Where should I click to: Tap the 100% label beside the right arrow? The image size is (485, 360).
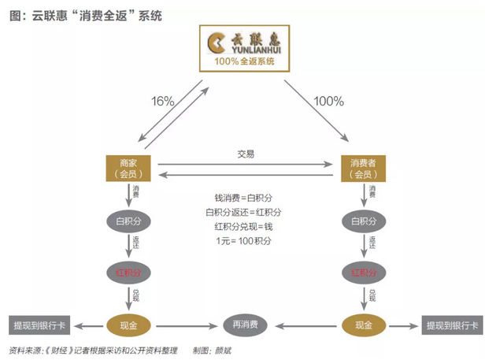[328, 101]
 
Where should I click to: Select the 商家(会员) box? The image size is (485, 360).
[127, 168]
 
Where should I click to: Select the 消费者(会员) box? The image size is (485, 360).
[363, 168]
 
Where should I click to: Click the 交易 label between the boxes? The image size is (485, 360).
[246, 154]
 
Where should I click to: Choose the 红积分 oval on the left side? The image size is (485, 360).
[127, 273]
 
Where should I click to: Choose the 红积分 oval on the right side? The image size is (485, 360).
[363, 273]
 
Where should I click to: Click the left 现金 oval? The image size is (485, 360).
[127, 324]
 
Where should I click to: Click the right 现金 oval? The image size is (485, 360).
[363, 324]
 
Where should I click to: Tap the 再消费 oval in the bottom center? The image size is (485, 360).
[245, 324]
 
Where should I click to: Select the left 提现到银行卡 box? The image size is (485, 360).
[37, 324]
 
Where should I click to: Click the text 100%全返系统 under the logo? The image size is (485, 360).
[243, 61]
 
